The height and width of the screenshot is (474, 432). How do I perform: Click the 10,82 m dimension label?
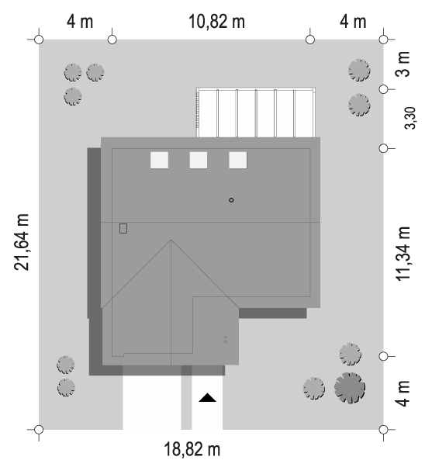pos(216,22)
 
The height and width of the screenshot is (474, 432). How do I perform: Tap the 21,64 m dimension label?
pos(22,242)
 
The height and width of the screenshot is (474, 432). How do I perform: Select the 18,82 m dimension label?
pos(192,449)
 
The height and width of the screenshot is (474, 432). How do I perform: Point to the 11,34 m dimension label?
pos(403,254)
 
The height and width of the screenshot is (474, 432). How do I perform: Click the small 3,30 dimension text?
pos(410,118)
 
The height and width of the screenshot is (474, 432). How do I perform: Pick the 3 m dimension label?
pos(403,64)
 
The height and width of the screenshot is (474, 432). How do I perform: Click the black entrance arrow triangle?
pos(207,397)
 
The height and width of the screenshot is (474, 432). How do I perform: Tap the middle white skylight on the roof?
pos(199,160)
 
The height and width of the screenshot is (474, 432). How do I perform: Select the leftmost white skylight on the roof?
pos(159,160)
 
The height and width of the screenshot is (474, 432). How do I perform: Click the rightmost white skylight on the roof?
pos(238,160)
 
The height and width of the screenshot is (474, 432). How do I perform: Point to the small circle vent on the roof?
pos(231,200)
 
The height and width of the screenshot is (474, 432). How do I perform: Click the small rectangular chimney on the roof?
pos(123,229)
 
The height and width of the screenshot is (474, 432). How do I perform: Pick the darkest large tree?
pos(350,388)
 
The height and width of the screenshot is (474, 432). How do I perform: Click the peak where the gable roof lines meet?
pos(171,240)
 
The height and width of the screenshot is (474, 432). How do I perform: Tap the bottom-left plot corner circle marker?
pos(39,430)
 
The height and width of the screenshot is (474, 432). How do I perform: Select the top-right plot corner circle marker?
pos(383,40)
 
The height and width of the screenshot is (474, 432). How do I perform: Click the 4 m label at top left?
pos(80,22)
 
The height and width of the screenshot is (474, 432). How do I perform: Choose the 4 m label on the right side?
pos(403,393)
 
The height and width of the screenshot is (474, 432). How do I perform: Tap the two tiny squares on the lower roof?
pos(226,339)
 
